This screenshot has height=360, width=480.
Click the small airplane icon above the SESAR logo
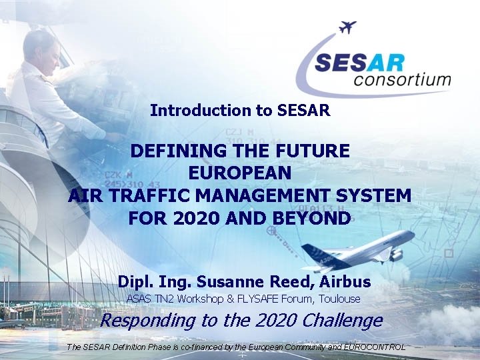coord(347,27)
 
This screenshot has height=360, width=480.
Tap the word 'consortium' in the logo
coord(403,81)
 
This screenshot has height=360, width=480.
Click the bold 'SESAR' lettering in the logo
coord(359,63)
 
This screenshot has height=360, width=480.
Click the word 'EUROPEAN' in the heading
coord(240,173)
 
